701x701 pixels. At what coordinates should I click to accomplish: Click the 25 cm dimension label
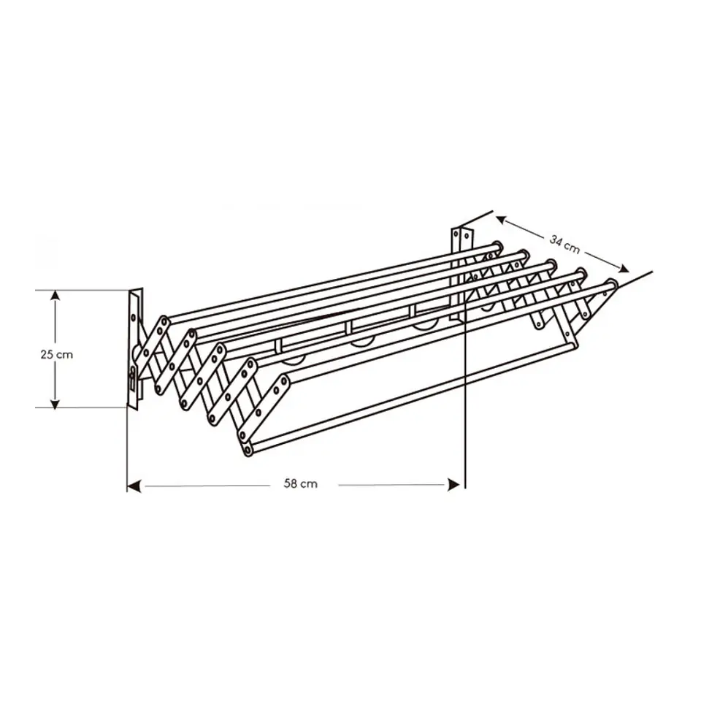point(56,355)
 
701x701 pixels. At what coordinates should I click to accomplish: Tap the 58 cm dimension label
point(300,483)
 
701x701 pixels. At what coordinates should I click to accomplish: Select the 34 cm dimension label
point(564,244)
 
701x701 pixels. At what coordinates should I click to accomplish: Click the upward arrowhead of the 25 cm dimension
point(55,296)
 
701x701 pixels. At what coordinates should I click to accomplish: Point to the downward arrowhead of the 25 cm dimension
point(55,403)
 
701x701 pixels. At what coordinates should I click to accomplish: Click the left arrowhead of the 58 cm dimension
point(134,486)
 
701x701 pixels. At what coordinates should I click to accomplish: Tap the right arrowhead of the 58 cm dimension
point(453,485)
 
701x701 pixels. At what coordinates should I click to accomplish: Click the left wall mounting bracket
point(135,349)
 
